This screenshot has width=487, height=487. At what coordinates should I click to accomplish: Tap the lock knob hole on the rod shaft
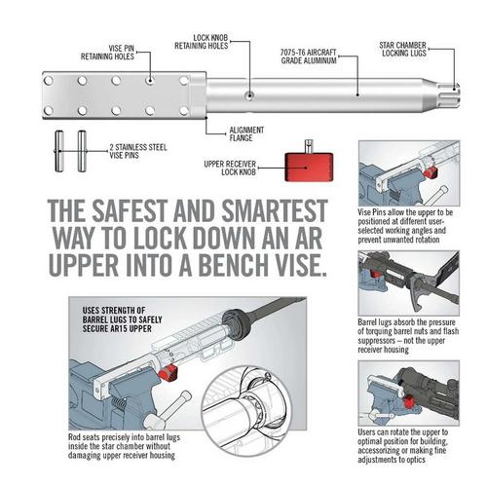click(x=251, y=94)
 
